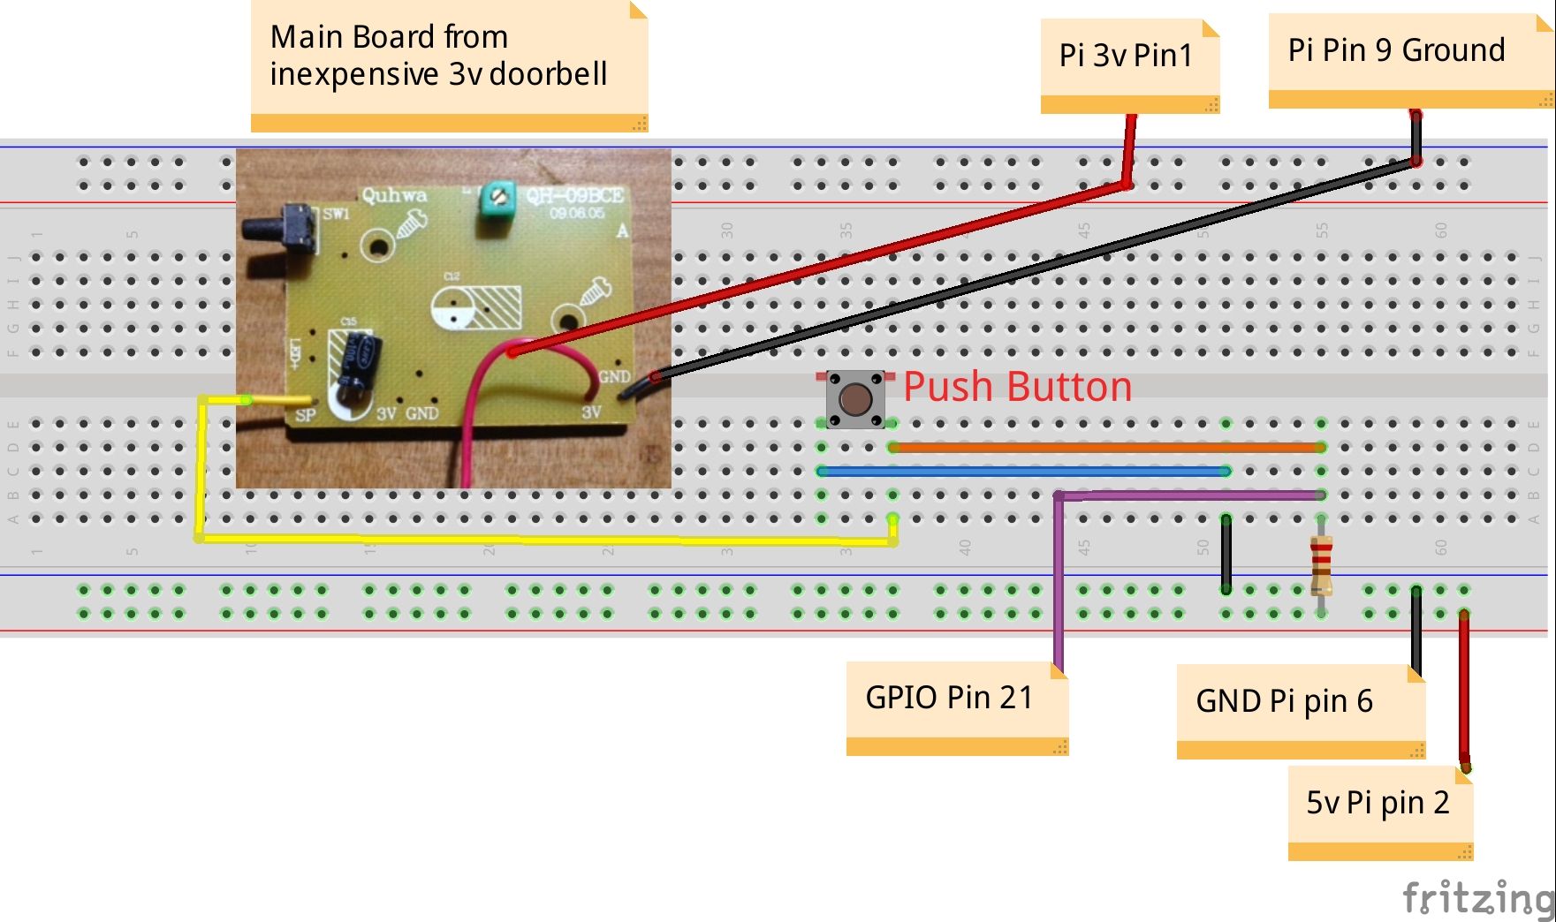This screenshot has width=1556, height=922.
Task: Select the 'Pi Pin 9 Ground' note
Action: (x=1396, y=51)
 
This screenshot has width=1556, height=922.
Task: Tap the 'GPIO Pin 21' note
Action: (x=951, y=699)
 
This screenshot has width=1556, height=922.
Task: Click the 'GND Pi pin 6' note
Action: (x=1286, y=702)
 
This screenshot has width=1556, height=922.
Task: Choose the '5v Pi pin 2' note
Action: (x=1378, y=804)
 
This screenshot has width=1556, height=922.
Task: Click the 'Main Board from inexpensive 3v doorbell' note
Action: (x=439, y=57)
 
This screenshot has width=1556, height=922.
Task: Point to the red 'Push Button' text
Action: (x=1018, y=387)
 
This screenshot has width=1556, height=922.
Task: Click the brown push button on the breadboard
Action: (x=854, y=399)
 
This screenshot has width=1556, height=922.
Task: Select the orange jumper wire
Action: (x=1104, y=448)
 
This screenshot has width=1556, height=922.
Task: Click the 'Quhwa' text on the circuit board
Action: (x=394, y=195)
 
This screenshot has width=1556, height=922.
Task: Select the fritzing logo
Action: (x=1477, y=898)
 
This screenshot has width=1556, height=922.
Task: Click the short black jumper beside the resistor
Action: (x=1226, y=555)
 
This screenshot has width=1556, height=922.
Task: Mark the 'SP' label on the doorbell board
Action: (x=305, y=414)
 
